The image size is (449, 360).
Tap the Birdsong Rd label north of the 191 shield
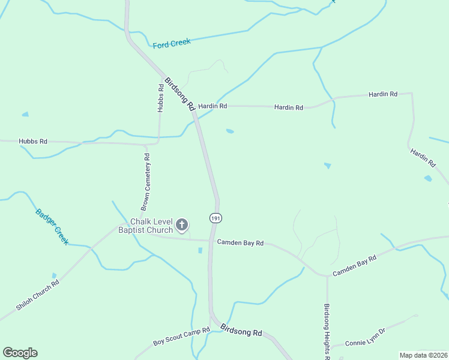coord(180,94)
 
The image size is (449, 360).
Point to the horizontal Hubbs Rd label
coord(33,142)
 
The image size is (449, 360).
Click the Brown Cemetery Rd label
coord(145,181)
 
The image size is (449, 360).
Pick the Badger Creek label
coord(52,226)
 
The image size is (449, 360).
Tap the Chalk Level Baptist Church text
coord(145,226)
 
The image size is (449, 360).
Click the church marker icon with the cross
coord(182,226)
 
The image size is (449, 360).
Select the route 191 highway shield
coord(214,217)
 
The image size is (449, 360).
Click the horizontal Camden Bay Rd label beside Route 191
coord(240,243)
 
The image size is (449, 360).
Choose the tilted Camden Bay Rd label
coord(354,265)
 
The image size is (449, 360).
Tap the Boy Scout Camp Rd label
coord(181,337)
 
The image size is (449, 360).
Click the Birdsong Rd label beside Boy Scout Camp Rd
coord(241,331)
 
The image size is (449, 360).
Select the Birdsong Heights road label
coord(328,331)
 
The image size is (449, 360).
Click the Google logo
coord(20,353)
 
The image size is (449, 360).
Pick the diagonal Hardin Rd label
coord(423,158)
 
